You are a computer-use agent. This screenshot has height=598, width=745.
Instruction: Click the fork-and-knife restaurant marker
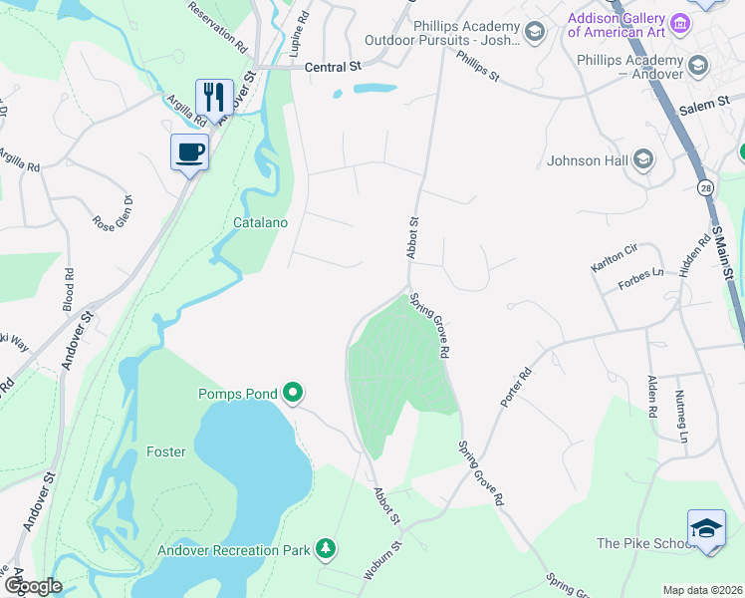point(214,98)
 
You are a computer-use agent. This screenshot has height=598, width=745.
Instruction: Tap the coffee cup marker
point(189,152)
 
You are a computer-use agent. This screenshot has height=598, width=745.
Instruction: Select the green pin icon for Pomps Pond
point(292,394)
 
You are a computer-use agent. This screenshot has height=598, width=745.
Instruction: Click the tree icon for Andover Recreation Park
point(325,548)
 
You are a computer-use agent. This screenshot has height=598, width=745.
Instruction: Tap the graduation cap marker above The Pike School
point(706,527)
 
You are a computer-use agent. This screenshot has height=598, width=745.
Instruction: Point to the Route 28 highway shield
point(705,187)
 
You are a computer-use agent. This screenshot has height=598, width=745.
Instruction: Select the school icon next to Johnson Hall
point(643,160)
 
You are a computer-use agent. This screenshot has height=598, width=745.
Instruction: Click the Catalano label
point(260,222)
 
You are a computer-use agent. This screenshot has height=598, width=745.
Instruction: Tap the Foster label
point(165,451)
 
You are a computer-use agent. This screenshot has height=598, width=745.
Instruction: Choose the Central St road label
point(332,68)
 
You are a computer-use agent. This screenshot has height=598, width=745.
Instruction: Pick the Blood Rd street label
point(69,288)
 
